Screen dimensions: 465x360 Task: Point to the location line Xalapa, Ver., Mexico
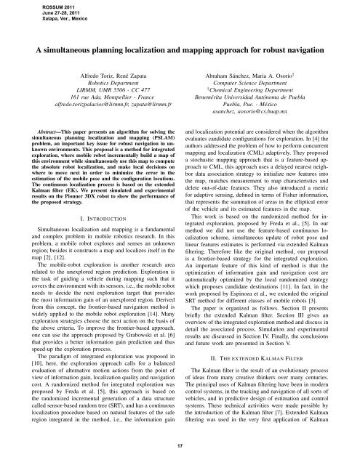[x=33, y=21]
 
